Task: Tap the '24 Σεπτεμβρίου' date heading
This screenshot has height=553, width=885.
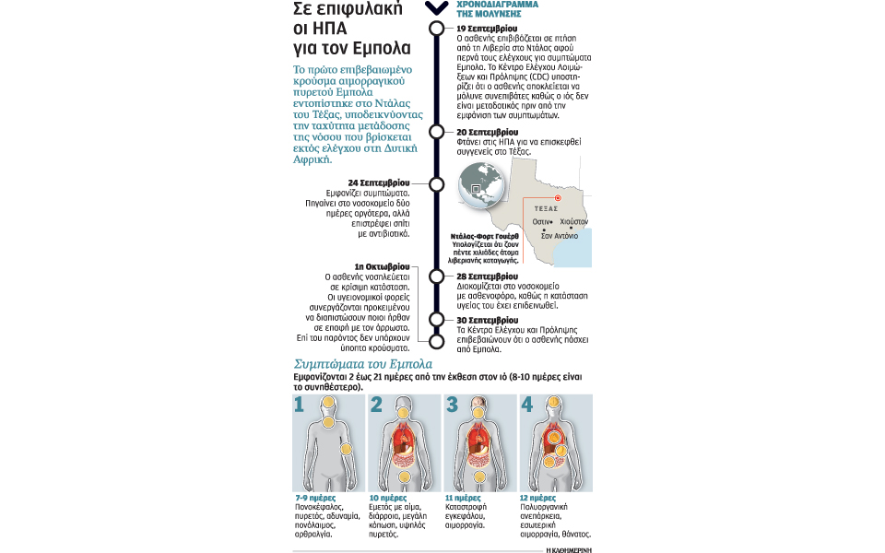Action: point(380,182)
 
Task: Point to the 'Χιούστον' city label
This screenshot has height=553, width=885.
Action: point(573,222)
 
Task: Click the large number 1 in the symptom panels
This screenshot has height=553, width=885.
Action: point(299,405)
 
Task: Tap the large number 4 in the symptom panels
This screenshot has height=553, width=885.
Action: point(526,405)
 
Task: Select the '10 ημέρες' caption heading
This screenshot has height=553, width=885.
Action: point(387,498)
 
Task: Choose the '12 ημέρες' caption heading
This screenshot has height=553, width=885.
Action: point(538,498)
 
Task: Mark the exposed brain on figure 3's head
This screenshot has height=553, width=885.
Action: point(479,402)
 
